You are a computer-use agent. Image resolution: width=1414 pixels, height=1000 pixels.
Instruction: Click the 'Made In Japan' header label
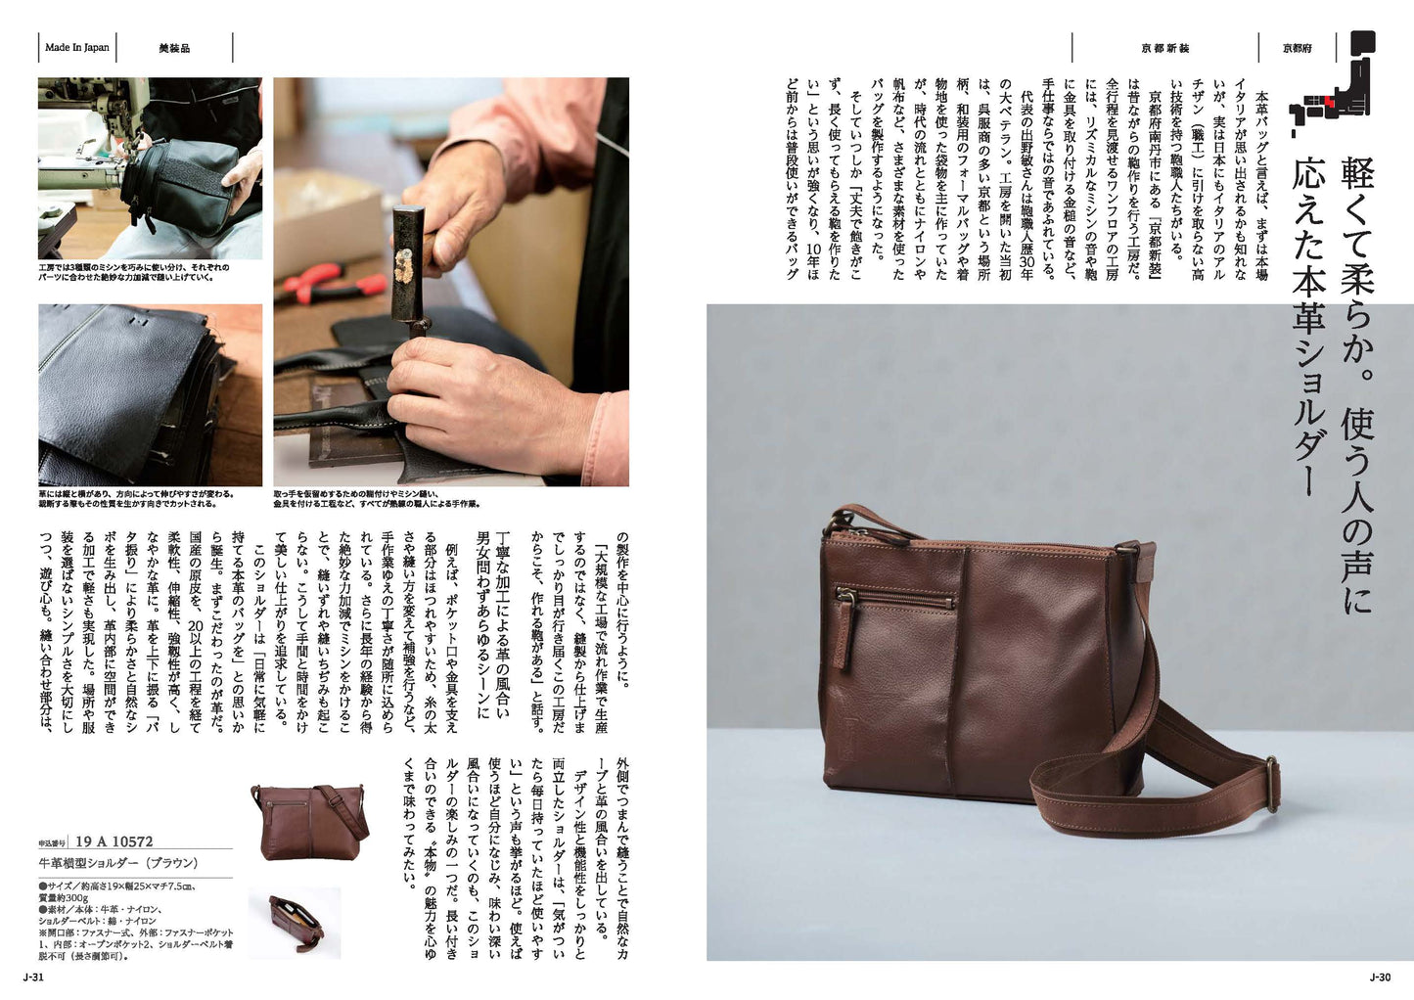tap(77, 47)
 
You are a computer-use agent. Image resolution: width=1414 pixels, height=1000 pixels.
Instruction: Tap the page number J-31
tap(33, 977)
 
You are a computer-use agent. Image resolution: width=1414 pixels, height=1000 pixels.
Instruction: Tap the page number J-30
tap(1380, 977)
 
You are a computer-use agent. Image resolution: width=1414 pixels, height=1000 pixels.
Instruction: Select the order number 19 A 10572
tap(114, 841)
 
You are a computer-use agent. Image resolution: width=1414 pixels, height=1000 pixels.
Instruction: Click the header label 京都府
tap(1298, 48)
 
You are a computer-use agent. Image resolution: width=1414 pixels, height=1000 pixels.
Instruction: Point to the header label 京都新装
tap(1165, 48)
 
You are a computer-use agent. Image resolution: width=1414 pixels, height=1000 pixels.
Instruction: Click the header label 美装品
tap(175, 48)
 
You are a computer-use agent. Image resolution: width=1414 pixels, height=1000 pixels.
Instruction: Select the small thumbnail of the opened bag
tap(295, 923)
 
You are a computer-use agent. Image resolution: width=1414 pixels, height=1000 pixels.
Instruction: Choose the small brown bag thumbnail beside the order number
tap(309, 821)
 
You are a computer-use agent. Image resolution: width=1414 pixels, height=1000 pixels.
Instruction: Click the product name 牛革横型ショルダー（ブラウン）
tap(118, 863)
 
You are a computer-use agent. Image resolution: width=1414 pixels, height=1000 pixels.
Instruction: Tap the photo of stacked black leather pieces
tap(151, 395)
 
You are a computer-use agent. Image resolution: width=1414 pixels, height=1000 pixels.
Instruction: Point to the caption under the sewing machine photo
tap(134, 272)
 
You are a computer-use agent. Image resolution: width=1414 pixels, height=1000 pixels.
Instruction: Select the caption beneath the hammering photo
tap(377, 499)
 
